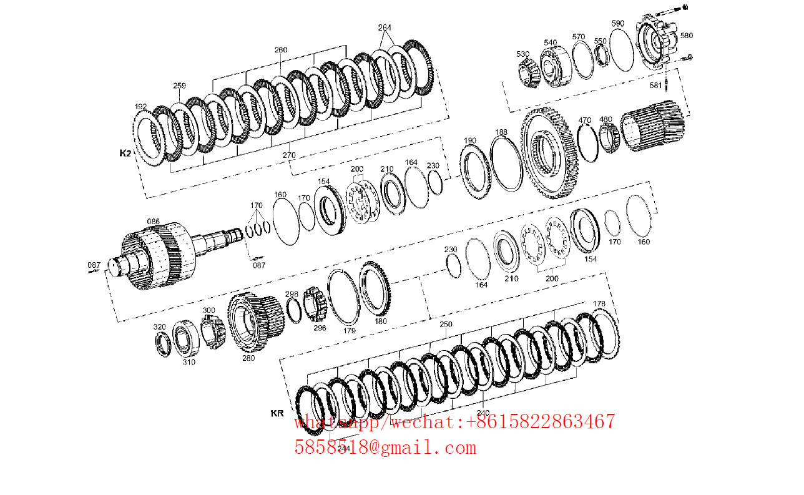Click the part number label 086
[x=153, y=222]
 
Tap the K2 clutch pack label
[x=125, y=153]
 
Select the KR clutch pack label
[x=277, y=413]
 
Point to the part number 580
[x=686, y=36]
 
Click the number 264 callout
[x=385, y=27]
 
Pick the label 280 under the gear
[x=248, y=358]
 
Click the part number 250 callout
[x=446, y=325]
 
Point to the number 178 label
[x=599, y=304]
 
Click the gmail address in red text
[x=385, y=448]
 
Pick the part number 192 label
[x=140, y=107]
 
